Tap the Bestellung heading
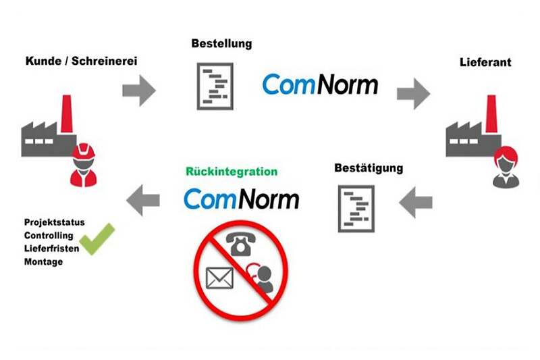[x=222, y=44]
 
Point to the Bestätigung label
[x=369, y=167]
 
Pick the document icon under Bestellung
[x=215, y=85]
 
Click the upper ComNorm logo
[x=320, y=84]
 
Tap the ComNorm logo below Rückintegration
[x=241, y=199]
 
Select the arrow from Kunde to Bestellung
[x=139, y=91]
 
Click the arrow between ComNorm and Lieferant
[x=413, y=93]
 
